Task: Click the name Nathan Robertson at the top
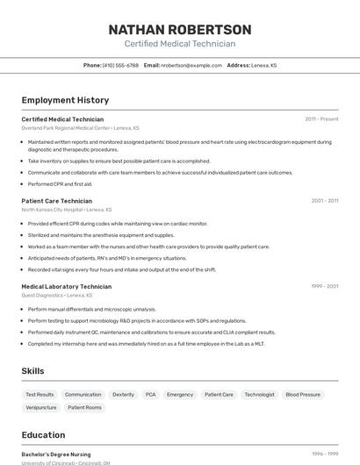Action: pyautogui.click(x=180, y=29)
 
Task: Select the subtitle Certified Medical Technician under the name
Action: pyautogui.click(x=180, y=44)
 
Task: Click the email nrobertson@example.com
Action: pyautogui.click(x=191, y=65)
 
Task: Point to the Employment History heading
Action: pyautogui.click(x=65, y=100)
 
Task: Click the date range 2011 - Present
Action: pyautogui.click(x=321, y=119)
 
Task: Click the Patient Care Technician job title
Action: pyautogui.click(x=56, y=201)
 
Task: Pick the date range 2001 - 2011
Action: pyautogui.click(x=324, y=201)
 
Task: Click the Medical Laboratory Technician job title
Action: pyautogui.click(x=66, y=286)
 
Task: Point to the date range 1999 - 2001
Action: pyautogui.click(x=324, y=286)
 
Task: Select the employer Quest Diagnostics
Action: pyautogui.click(x=54, y=295)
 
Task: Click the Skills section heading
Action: pyautogui.click(x=32, y=371)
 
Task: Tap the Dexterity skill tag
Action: pyautogui.click(x=124, y=395)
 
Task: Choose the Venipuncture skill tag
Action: pyautogui.click(x=41, y=407)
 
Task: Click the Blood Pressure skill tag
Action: pyautogui.click(x=303, y=395)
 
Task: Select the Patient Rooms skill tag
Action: pyautogui.click(x=84, y=407)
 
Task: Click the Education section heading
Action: pyautogui.click(x=43, y=435)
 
